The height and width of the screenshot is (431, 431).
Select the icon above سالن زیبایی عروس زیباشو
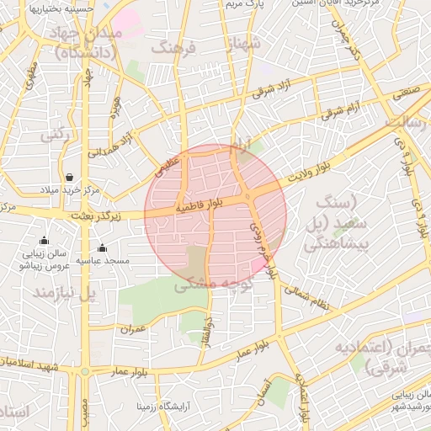pyautogui.click(x=44, y=242)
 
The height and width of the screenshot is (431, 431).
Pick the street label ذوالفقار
pyautogui.click(x=208, y=328)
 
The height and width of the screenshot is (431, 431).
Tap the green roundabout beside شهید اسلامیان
pyautogui.click(x=84, y=371)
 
